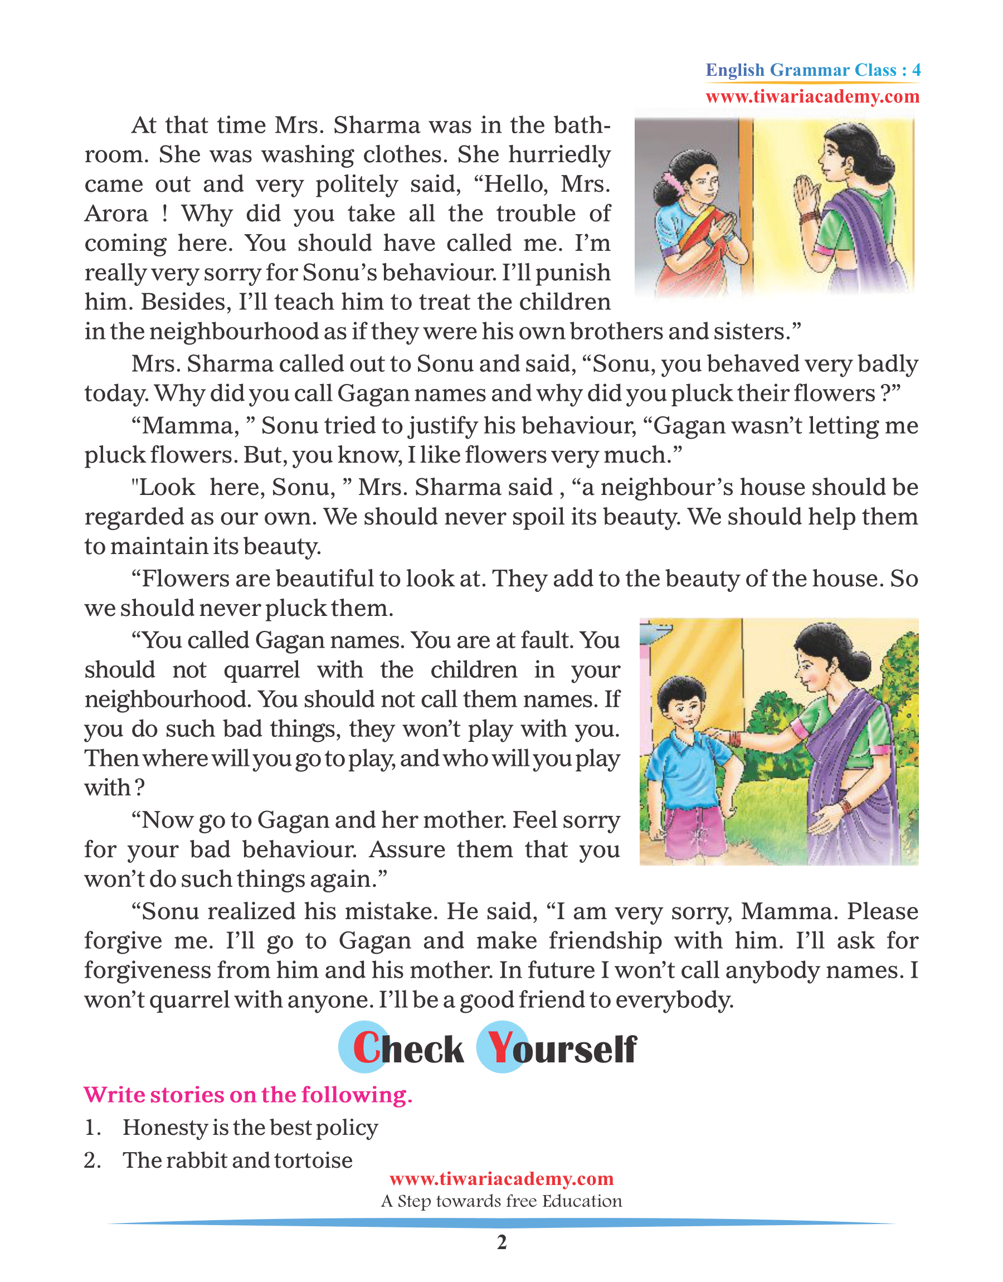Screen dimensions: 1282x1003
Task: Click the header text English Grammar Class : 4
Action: pos(813,70)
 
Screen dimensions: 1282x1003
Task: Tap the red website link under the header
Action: pos(813,97)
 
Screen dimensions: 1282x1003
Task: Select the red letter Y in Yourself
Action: pos(500,1048)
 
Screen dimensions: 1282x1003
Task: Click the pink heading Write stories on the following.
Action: pos(248,1095)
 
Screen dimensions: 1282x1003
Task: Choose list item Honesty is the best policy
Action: pos(250,1128)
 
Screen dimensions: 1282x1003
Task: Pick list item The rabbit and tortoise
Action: pos(237,1160)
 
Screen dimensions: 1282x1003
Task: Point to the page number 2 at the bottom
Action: pos(501,1242)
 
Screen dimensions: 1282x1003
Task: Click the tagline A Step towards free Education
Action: pos(501,1201)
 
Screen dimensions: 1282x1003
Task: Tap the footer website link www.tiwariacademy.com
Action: pos(501,1179)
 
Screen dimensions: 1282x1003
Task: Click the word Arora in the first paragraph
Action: pos(116,214)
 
